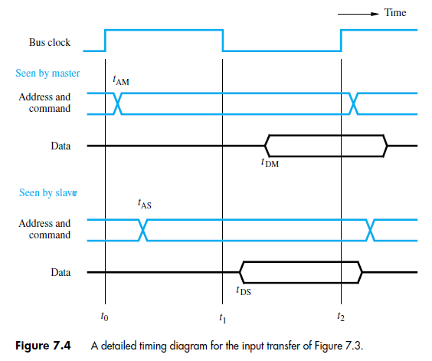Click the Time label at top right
pos(395,13)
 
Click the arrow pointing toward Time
pos(361,13)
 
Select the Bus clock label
pos(50,42)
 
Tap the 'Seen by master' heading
pos(47,74)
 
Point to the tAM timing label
pos(120,79)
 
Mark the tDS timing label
pos(242,290)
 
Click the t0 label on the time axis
pos(105,316)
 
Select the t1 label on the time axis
pos(222,316)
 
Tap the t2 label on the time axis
pos(341,316)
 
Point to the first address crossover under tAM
pos(117,103)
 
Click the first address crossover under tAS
pos(143,228)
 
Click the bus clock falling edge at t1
pos(222,41)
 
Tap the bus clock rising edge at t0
pos(105,41)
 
